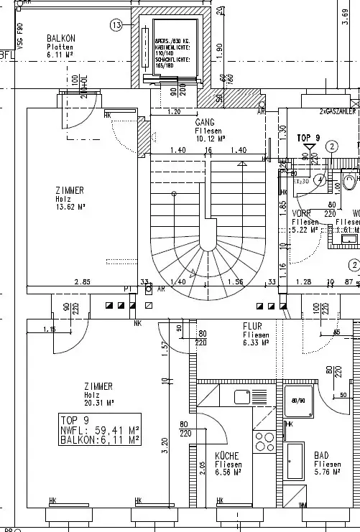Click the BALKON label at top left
click(61, 37)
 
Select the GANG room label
click(206, 123)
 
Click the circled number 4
click(319, 179)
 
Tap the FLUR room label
click(252, 326)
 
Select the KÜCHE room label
click(227, 455)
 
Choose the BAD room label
click(323, 455)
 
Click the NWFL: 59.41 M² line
click(100, 430)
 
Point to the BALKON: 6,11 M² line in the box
click(100, 439)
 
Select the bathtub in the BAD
click(295, 461)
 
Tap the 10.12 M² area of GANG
click(210, 139)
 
